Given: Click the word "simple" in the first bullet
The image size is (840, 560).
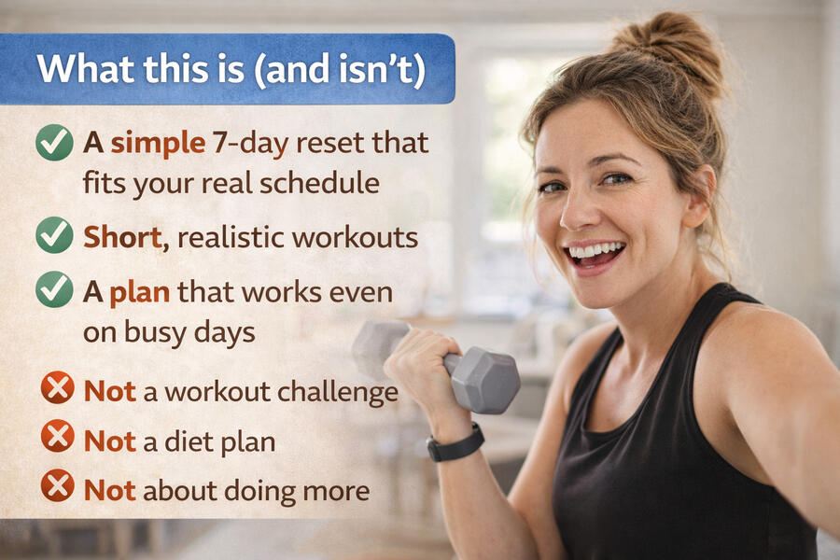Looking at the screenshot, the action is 158,144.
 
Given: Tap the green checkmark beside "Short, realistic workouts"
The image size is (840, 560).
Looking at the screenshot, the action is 55,235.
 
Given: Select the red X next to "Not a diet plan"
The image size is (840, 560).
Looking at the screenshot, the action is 58,436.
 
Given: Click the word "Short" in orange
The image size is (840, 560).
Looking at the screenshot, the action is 126,237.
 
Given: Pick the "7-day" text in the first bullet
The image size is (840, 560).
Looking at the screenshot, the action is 250,144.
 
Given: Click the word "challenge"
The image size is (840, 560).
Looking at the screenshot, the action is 338,392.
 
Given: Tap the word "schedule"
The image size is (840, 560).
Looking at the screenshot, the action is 320,183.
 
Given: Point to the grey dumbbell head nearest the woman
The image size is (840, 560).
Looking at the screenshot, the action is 484,380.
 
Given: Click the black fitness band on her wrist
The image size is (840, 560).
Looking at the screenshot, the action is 455,443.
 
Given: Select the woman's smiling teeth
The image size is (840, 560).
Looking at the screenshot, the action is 595,250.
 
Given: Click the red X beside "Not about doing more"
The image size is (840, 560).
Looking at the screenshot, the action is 58,485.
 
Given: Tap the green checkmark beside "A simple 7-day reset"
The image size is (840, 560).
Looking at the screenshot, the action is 55,143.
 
